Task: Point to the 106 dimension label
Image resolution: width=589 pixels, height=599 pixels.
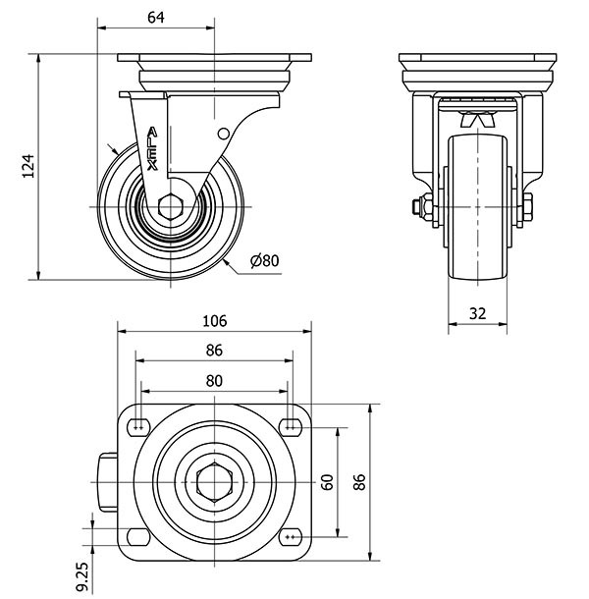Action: pyautogui.click(x=215, y=321)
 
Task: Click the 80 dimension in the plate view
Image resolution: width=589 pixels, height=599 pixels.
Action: pyautogui.click(x=215, y=380)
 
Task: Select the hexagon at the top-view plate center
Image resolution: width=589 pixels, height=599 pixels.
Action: pyautogui.click(x=214, y=482)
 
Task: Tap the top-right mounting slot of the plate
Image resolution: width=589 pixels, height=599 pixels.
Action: pyautogui.click(x=290, y=426)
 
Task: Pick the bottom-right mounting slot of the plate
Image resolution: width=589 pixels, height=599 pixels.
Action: pyautogui.click(x=290, y=537)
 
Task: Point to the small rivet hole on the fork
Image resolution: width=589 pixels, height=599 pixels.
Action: pyautogui.click(x=223, y=133)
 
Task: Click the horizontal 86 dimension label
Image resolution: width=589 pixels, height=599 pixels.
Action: pyautogui.click(x=215, y=351)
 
